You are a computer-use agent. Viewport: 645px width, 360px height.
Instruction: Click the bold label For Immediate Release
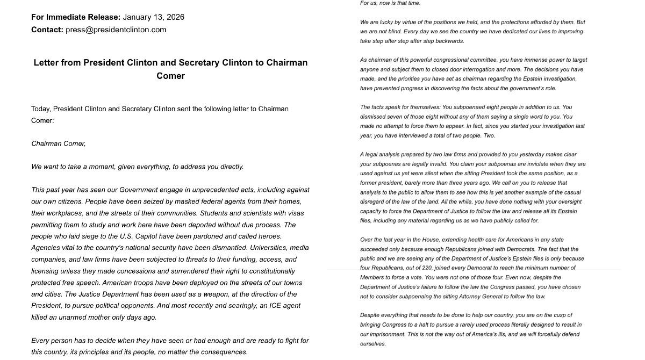(75, 17)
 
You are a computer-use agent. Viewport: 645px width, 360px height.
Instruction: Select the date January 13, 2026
(153, 17)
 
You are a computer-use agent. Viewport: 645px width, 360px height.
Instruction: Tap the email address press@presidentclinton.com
(116, 30)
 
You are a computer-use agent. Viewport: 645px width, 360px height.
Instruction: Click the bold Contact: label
(47, 30)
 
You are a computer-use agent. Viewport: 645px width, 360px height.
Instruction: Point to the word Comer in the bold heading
(170, 76)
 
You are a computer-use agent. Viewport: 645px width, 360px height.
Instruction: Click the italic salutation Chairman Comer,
(58, 143)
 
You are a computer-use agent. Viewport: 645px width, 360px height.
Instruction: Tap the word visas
(295, 213)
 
